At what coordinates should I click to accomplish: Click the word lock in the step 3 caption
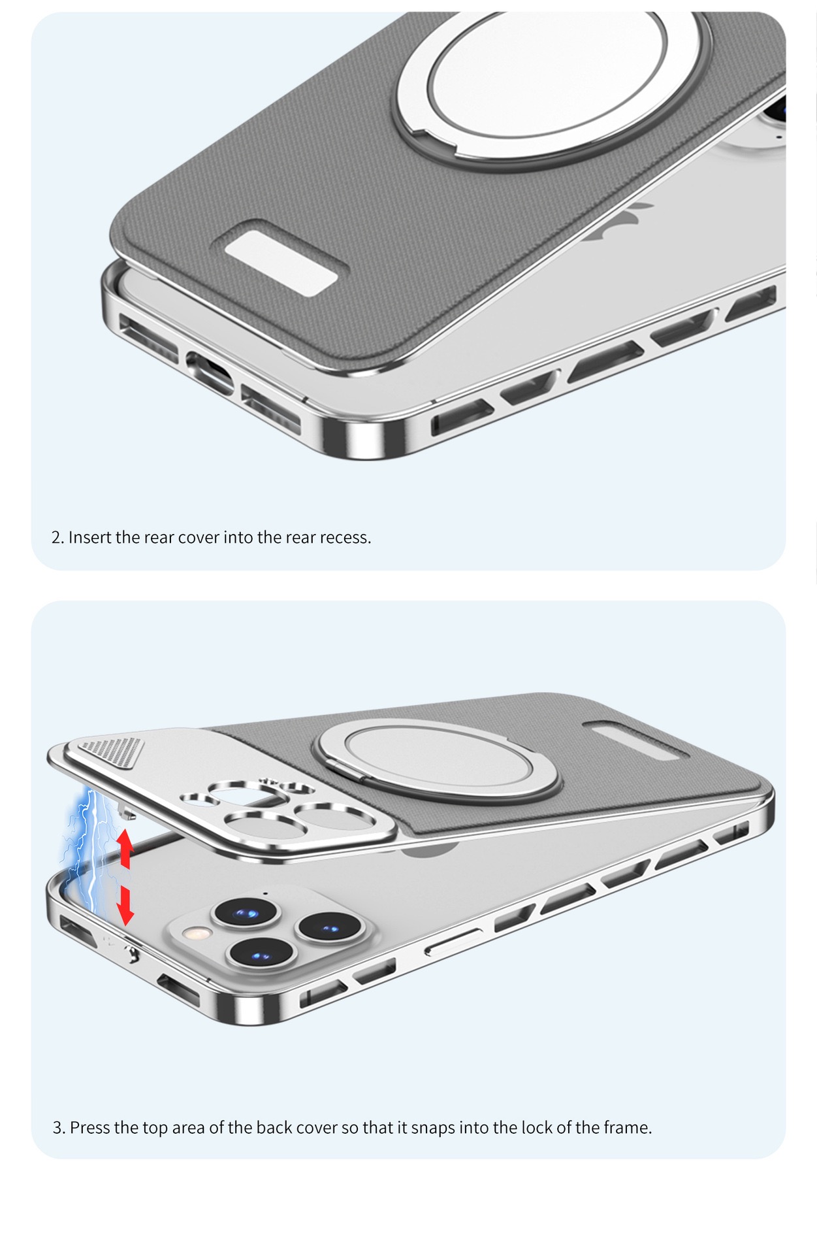(537, 1127)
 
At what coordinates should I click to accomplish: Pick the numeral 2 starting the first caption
(56, 537)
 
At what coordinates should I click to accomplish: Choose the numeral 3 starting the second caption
(57, 1127)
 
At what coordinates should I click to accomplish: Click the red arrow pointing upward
(125, 848)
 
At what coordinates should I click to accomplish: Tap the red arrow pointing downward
(125, 906)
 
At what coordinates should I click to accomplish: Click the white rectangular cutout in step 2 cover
(281, 268)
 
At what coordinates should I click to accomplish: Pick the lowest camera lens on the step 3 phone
(262, 955)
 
